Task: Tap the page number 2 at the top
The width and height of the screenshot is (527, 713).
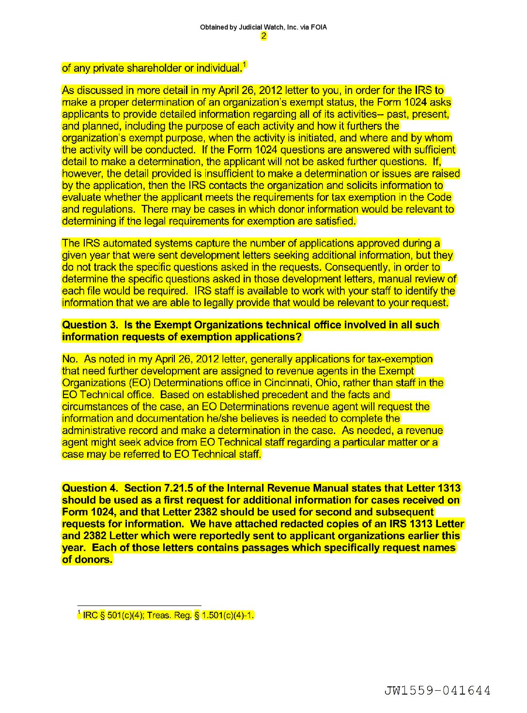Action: pos(263,36)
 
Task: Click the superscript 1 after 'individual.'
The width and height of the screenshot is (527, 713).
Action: pos(245,64)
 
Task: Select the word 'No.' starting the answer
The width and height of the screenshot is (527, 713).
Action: pos(70,359)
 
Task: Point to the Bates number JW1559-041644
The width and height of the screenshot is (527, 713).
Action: pos(437,690)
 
